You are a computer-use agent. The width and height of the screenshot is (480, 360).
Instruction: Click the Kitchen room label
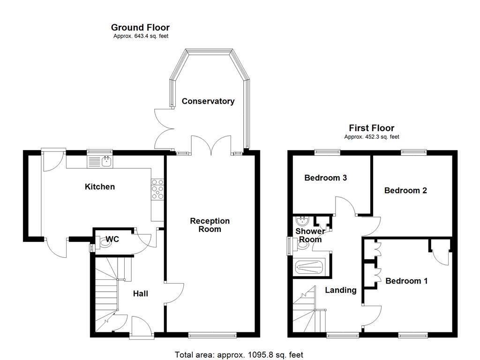pos(99,187)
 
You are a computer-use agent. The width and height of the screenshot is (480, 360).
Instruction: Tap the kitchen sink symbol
pos(99,162)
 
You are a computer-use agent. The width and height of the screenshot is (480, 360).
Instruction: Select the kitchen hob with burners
pos(158,190)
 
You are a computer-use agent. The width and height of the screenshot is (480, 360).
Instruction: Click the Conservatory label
pos(208,101)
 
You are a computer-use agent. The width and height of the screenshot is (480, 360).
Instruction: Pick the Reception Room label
pos(210,225)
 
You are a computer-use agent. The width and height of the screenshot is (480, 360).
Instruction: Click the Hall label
pos(140,293)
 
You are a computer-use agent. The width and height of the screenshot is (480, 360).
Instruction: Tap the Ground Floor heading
pos(140,28)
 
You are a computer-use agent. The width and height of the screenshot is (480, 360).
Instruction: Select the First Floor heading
pos(371,128)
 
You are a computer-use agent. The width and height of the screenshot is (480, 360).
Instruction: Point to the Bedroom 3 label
pos(325,178)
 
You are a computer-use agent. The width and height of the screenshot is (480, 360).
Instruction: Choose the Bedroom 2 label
pos(405,190)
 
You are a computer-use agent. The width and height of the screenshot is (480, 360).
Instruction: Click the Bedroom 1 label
pos(406,281)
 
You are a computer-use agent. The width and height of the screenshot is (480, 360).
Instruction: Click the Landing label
pos(341,290)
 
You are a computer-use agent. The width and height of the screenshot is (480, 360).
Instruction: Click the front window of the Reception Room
pos(212,335)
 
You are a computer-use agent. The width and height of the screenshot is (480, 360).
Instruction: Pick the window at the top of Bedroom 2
pos(414,152)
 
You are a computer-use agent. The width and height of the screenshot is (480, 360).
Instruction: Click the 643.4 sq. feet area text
pos(141,36)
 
